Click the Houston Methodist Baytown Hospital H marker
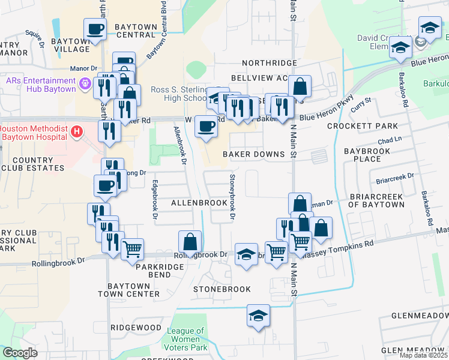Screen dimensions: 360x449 76,131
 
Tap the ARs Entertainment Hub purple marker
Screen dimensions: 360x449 85,83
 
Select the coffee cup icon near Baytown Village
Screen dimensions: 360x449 95,29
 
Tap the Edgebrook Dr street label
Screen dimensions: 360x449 155,199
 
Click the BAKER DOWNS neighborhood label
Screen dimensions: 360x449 253,154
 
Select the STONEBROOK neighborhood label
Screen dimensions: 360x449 222,289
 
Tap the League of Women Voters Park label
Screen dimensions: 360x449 186,339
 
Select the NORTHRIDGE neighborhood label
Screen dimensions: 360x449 270,63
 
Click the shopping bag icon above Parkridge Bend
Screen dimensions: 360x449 190,242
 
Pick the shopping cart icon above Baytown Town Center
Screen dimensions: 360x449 132,248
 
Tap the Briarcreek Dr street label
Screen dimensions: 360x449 394,178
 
